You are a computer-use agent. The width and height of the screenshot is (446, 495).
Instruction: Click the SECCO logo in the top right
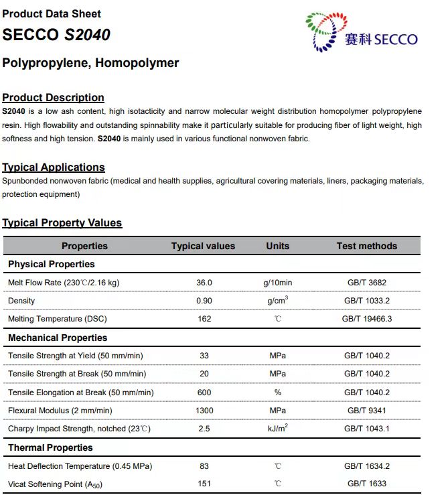(361, 32)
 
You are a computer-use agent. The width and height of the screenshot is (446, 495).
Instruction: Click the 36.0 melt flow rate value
(204, 283)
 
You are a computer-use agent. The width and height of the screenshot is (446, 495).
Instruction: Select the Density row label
(21, 301)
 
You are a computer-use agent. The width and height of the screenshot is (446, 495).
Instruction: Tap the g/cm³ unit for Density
(277, 301)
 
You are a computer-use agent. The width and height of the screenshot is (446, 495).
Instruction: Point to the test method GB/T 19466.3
(367, 319)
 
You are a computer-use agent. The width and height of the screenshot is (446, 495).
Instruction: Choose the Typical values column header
(203, 246)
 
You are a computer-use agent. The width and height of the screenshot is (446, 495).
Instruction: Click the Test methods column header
(366, 246)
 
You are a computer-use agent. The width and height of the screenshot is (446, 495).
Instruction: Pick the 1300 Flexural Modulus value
(204, 411)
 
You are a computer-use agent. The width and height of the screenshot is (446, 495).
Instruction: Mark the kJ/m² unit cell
(277, 428)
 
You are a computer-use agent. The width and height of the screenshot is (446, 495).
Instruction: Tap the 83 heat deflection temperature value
(204, 466)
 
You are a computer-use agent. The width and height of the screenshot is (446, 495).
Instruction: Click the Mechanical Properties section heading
(58, 338)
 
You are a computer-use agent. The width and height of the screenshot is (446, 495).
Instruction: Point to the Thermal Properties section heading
(50, 447)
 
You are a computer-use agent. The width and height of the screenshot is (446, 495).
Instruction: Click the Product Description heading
(53, 98)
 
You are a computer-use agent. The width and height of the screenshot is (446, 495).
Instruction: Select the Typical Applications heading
(54, 167)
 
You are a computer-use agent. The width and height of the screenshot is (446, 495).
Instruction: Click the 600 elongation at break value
(204, 393)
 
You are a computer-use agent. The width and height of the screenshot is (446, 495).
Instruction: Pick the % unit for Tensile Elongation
(277, 393)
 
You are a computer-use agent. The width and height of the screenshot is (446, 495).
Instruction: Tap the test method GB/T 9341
(367, 411)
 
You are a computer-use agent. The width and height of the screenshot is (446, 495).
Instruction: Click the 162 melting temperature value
(204, 319)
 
